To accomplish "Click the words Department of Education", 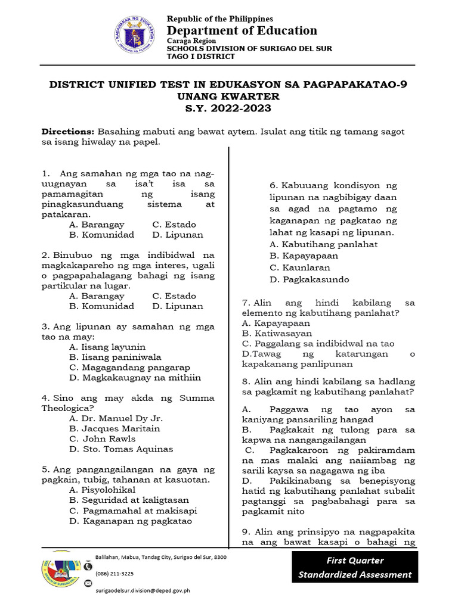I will (x=242, y=30).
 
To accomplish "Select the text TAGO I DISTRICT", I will (x=200, y=57).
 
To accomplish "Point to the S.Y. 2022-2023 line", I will (x=228, y=108).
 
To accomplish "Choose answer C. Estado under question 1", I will (x=174, y=225).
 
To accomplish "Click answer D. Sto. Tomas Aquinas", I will (x=121, y=449).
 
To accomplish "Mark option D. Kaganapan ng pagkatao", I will (x=131, y=521).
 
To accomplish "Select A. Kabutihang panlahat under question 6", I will (x=323, y=244).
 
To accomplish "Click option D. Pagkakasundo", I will (x=309, y=279).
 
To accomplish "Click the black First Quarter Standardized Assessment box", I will (x=355, y=567).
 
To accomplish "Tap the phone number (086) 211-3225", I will (x=114, y=574).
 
